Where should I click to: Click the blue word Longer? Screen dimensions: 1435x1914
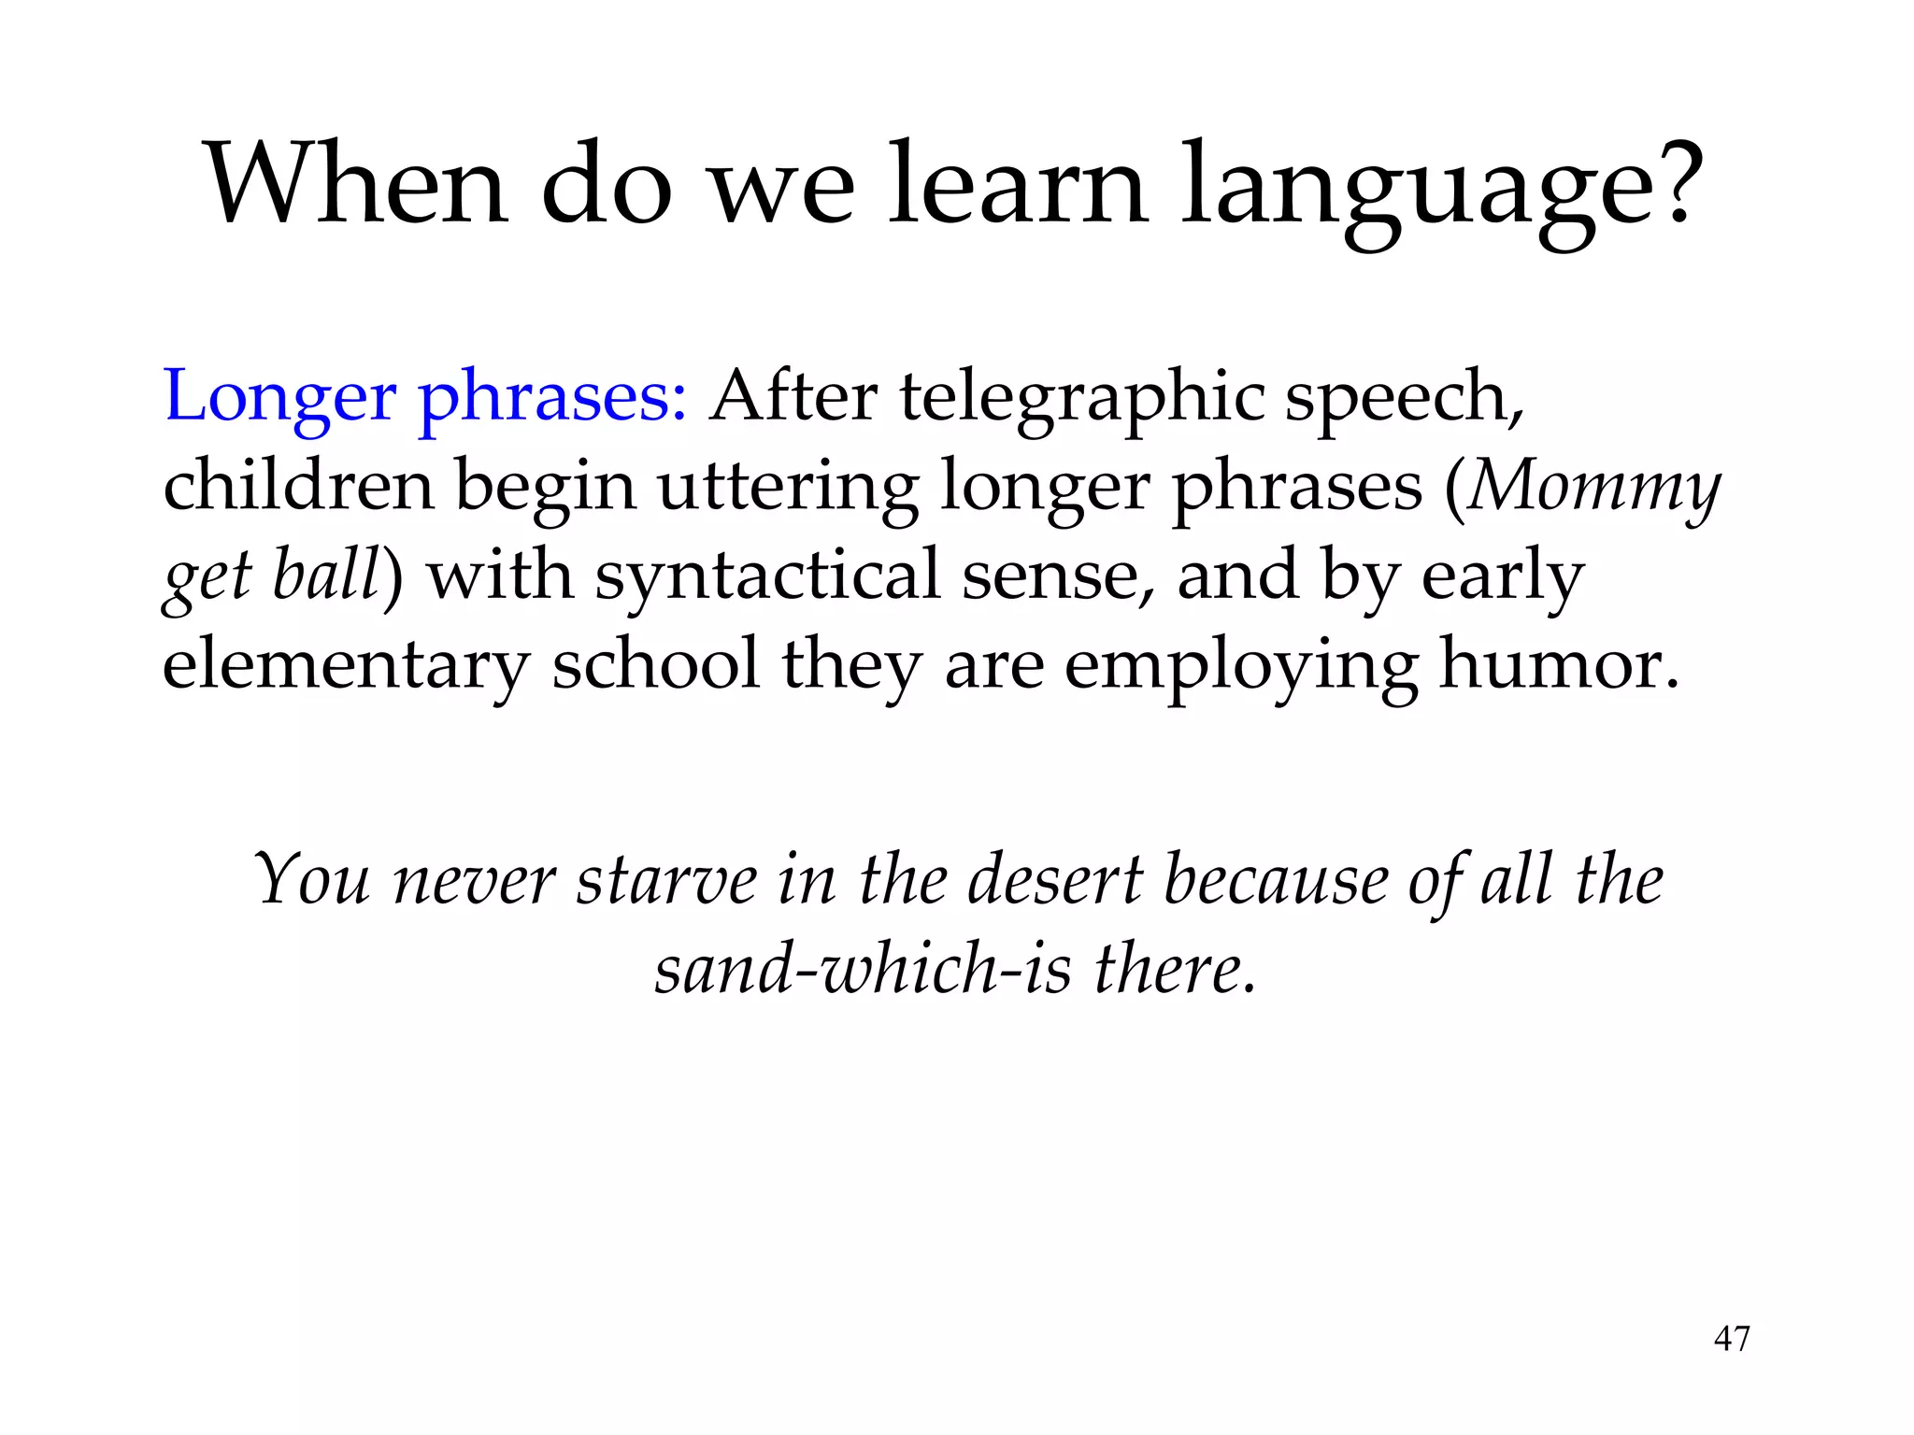279,398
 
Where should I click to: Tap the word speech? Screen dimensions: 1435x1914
1402,398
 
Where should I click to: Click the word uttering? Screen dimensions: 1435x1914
788,488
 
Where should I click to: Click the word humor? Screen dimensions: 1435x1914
1557,663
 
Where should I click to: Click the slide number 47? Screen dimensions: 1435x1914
1731,1339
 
